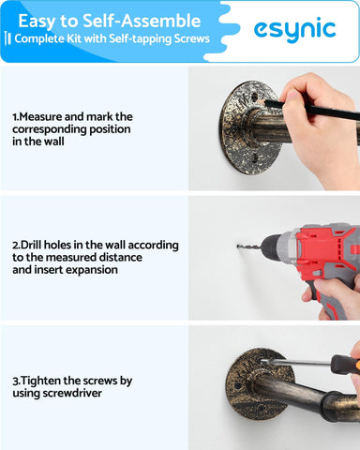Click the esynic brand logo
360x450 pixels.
click(294, 31)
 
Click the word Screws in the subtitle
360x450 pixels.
click(191, 38)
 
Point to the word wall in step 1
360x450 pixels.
click(53, 142)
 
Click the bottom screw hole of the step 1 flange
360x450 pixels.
click(255, 158)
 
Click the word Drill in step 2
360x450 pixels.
click(31, 245)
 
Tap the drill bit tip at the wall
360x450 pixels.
click(238, 247)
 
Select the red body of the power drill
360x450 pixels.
click(325, 250)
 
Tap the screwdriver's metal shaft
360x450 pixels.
click(295, 362)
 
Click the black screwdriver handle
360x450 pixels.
click(343, 365)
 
